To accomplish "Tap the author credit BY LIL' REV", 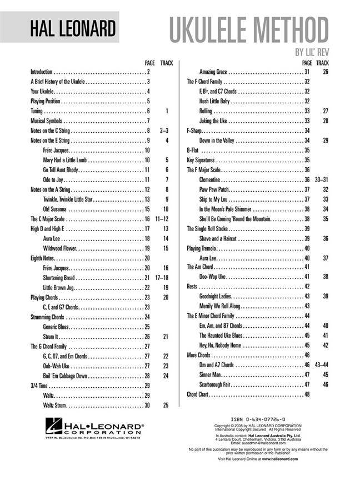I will tap(311, 54).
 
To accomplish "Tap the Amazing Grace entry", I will tap(213, 72).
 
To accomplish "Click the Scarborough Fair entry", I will tap(214, 384).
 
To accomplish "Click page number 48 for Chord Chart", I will tap(307, 394).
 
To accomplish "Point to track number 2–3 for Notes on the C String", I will tap(163, 131).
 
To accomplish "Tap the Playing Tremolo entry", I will tap(201, 248).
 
